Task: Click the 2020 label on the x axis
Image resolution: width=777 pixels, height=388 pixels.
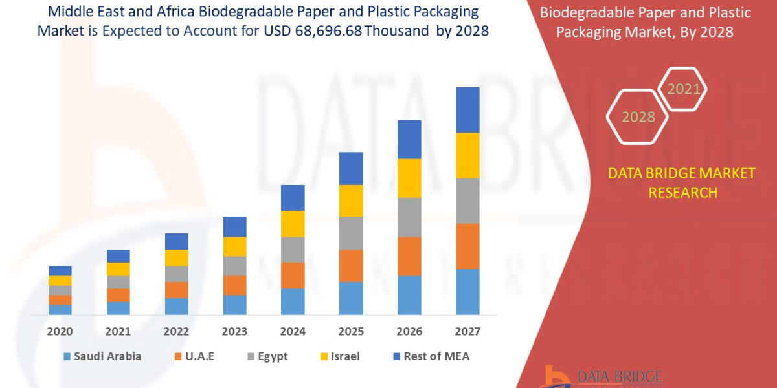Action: click(60, 332)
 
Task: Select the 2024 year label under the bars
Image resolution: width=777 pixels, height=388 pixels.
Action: click(293, 332)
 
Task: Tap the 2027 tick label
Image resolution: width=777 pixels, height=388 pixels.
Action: click(467, 332)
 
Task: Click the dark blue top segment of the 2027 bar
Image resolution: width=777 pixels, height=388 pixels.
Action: click(467, 110)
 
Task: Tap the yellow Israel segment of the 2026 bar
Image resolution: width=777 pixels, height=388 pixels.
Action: click(409, 178)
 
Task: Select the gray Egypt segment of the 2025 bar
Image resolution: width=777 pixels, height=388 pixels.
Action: click(351, 233)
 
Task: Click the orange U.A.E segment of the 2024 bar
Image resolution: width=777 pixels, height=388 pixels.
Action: click(293, 275)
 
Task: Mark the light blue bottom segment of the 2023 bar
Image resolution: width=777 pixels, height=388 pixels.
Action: click(234, 305)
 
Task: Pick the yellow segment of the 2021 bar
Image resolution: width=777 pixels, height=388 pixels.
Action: click(118, 269)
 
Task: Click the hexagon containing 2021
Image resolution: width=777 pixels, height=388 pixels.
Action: click(683, 89)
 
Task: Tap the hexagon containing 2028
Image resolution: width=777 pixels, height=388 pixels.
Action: click(638, 117)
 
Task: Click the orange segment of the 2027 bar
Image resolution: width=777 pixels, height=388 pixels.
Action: click(467, 246)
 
